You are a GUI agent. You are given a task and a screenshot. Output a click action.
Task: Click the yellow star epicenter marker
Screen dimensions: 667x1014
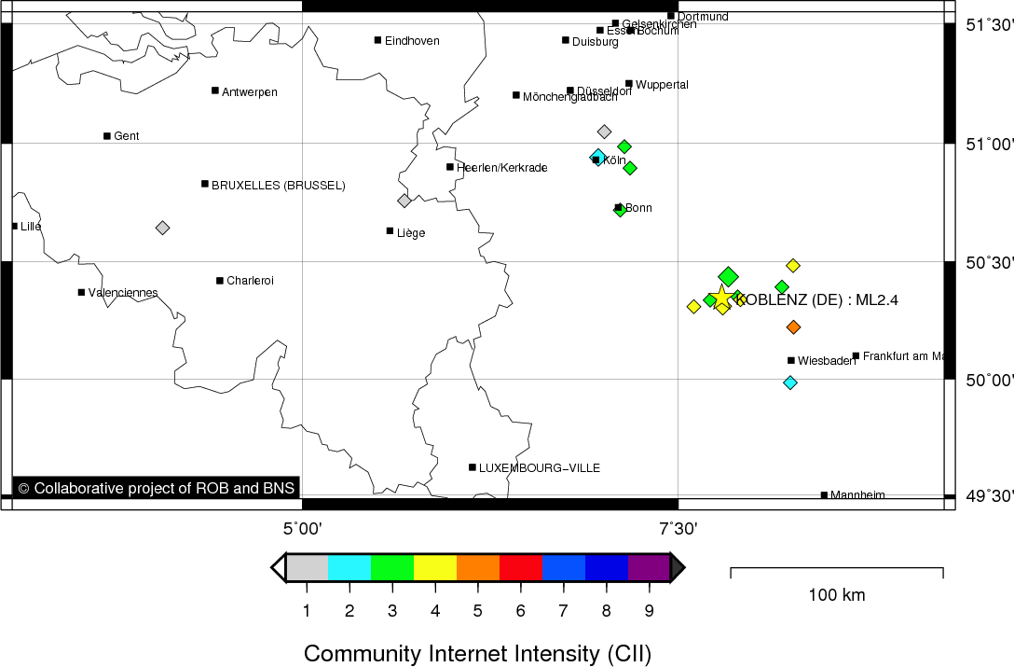click(x=721, y=298)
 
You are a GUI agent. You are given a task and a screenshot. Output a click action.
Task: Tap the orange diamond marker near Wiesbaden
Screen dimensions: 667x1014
click(x=793, y=327)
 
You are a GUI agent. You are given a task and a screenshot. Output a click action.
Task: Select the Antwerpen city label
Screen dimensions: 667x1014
click(x=249, y=91)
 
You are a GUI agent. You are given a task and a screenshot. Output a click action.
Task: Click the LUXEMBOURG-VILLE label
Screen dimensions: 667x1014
click(x=539, y=467)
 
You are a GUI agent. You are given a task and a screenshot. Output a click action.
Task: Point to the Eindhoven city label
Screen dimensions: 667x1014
click(x=411, y=41)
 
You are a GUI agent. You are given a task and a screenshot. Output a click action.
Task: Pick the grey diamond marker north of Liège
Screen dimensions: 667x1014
click(x=404, y=201)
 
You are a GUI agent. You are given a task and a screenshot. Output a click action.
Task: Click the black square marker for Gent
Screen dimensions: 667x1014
click(x=107, y=136)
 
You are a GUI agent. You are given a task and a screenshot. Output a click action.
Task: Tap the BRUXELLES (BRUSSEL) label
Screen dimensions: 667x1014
click(x=278, y=186)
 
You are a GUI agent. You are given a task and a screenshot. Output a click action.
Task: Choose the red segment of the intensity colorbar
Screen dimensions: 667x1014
click(x=521, y=567)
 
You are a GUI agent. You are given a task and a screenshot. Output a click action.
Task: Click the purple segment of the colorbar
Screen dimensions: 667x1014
click(x=649, y=567)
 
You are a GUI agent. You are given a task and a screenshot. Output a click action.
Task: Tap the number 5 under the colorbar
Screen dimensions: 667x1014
click(x=477, y=611)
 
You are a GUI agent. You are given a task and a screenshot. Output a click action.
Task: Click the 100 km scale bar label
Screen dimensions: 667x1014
click(x=836, y=595)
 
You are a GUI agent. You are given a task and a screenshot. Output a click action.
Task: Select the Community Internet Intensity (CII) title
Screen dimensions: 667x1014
click(x=477, y=653)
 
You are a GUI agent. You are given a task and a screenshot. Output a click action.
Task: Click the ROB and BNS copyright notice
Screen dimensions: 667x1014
click(x=156, y=488)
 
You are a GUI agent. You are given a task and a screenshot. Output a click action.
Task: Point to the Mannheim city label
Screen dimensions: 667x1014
click(x=857, y=495)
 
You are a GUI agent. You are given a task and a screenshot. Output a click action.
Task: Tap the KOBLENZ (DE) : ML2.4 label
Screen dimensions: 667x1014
click(x=816, y=300)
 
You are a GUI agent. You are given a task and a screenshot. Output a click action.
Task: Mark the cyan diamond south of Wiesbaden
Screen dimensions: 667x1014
click(x=790, y=382)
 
